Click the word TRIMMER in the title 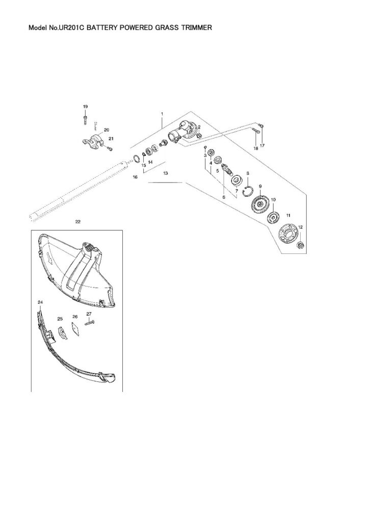pos(196,28)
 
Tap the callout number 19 pos(85,106)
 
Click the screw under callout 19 pos(85,119)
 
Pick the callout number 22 pos(78,221)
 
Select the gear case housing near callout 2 pos(181,132)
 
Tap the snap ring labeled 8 pos(248,192)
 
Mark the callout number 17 pos(262,145)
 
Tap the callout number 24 pos(40,302)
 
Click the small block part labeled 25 pos(63,332)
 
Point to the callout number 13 pos(166,173)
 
